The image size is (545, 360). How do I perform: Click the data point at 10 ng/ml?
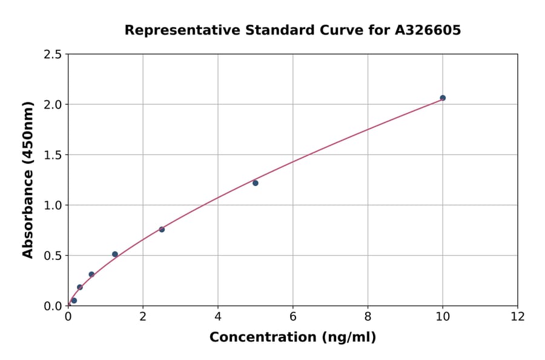443,98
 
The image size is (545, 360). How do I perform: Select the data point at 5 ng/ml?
256,183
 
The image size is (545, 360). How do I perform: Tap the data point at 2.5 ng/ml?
162,229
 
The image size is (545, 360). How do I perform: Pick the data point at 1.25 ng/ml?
115,254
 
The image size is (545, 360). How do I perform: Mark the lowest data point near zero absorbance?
74,301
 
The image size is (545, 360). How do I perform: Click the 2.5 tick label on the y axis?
53,55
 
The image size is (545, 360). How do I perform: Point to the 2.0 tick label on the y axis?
53,105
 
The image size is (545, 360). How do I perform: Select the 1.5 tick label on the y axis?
53,155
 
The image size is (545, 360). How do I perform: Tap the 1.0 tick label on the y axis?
53,205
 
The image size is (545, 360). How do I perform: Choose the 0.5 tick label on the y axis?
53,256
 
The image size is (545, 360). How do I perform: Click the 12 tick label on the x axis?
518,316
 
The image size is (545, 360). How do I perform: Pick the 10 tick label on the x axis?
443,316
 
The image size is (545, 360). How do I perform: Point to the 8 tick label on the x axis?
368,316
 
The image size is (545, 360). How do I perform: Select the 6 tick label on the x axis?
293,316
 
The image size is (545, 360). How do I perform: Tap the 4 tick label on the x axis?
218,316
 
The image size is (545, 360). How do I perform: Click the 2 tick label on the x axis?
143,316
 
